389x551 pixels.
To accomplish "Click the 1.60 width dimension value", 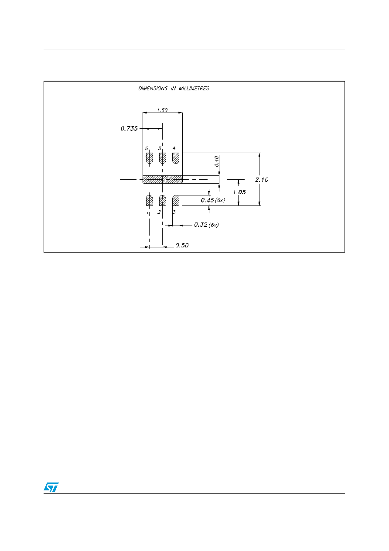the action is pos(162,110).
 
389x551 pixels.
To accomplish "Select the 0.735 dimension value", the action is pos(129,128).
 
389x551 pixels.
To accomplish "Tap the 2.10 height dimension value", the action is pos(262,180).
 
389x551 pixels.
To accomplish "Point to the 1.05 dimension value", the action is pos(239,192).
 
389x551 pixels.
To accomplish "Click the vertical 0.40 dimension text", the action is pos(217,161).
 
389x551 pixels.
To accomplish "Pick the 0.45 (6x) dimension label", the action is pos(213,200).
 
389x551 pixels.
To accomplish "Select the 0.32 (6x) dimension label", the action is pos(206,225).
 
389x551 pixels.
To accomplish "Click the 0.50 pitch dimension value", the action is pos(182,245).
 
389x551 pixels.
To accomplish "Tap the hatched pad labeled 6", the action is pos(150,158).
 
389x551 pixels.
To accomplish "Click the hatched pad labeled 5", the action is pos(163,158).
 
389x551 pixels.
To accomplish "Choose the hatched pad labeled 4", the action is pos(176,158).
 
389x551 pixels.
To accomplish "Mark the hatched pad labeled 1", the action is pos(150,201).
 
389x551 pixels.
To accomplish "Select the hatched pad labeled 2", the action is pos(163,201).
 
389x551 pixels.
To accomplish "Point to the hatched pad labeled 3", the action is pos(176,201).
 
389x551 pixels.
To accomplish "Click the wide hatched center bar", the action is pos(163,179).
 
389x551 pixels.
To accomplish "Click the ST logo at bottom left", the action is pos(51,487).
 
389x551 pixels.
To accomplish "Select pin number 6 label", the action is pos(147,148).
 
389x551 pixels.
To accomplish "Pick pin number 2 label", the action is pos(159,212).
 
